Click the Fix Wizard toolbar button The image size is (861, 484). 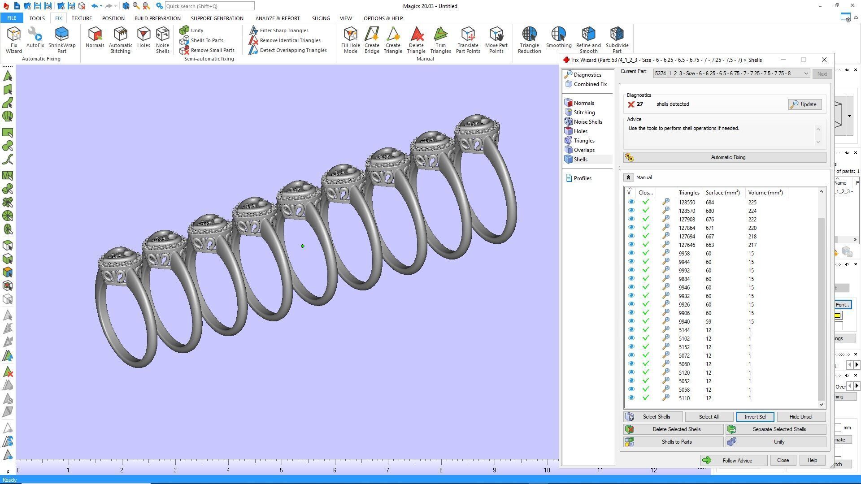13,40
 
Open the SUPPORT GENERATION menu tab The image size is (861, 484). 217,18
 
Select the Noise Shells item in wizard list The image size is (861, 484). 587,122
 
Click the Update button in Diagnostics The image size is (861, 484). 804,104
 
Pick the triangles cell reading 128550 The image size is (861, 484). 687,203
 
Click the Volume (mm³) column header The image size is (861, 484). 765,193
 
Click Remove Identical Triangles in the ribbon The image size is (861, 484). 290,40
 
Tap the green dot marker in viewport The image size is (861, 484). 303,246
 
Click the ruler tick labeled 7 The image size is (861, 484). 387,470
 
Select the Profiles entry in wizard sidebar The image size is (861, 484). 582,178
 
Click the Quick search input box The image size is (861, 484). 209,6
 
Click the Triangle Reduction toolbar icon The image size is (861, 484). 529,40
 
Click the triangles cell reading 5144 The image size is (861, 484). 685,330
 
